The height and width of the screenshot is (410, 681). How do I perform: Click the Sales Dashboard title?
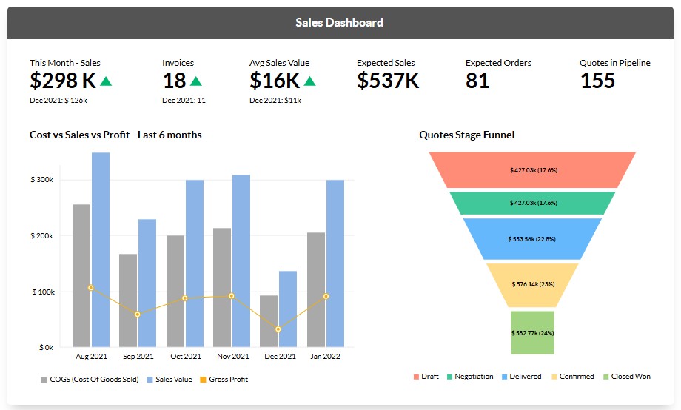(339, 22)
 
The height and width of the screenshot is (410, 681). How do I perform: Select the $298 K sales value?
(64, 80)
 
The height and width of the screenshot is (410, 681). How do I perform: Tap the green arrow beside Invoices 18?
(195, 81)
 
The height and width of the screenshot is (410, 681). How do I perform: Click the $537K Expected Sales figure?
(388, 81)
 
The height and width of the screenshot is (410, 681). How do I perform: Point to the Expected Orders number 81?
(477, 81)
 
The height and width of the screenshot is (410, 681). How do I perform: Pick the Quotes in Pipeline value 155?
(597, 81)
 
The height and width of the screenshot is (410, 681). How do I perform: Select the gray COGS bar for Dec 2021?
(269, 320)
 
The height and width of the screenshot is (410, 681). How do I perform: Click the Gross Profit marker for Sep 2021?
(138, 315)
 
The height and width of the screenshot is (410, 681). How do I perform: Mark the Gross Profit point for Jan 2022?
(326, 296)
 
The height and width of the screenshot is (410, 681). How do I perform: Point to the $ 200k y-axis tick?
(41, 235)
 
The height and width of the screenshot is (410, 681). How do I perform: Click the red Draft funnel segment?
(532, 169)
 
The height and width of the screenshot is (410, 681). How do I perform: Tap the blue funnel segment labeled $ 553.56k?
(532, 238)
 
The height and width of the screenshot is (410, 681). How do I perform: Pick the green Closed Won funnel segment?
(532, 332)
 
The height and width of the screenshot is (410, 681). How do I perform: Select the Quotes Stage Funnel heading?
(466, 135)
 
